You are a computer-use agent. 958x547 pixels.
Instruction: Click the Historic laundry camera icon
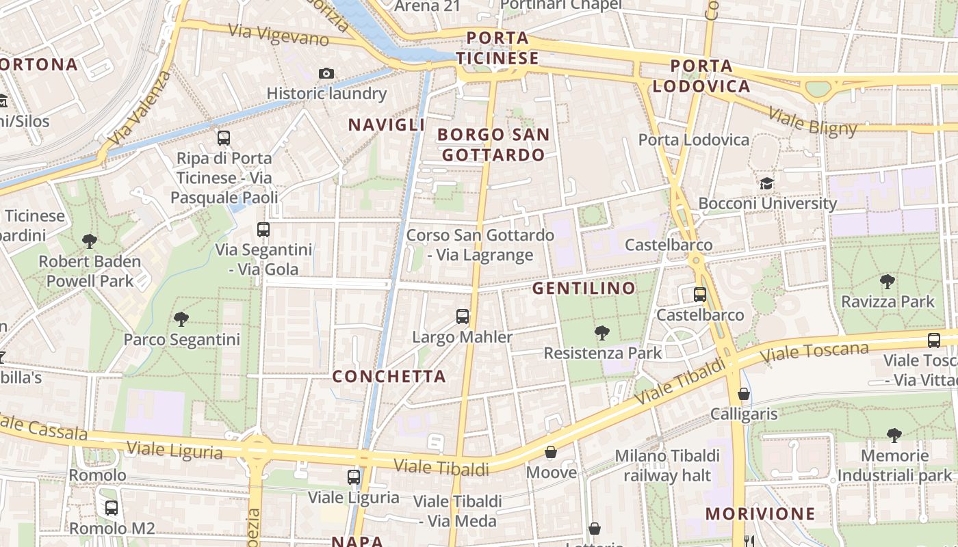326,73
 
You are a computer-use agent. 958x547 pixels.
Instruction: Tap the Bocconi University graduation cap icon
766,183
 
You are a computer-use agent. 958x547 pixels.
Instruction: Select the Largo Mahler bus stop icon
463,317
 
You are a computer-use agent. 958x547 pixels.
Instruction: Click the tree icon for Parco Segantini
181,319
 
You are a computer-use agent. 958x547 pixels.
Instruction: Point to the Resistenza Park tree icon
602,333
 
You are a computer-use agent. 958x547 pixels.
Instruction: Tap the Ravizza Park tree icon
888,281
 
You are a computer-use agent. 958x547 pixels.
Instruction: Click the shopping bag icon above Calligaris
744,394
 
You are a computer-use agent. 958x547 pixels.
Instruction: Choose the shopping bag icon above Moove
551,452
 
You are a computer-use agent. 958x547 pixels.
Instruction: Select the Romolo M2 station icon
112,508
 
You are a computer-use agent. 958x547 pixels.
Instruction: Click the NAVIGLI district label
387,124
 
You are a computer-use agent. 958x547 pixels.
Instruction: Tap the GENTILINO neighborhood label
584,288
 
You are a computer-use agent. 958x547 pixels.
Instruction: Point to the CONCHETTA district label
389,376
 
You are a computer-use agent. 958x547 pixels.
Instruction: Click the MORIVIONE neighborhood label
760,513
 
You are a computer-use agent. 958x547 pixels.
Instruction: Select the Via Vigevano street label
279,34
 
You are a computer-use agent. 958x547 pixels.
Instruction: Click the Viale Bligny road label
812,121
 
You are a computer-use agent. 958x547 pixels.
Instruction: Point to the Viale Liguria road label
174,451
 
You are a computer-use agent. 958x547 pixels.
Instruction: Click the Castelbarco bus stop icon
699,295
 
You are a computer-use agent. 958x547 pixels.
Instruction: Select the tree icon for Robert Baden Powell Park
89,241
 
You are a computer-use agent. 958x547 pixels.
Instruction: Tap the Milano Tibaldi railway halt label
667,465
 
